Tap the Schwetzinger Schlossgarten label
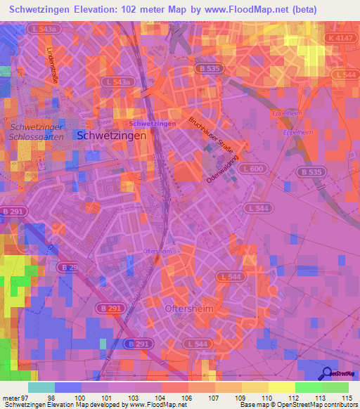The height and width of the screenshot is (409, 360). tap(37, 131)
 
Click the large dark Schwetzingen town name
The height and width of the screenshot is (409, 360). tap(112, 136)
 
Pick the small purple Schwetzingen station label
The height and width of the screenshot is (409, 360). tap(153, 124)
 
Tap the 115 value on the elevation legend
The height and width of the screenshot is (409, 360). tap(347, 398)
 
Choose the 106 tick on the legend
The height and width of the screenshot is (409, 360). tap(187, 398)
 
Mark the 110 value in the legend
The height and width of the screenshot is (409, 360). tap(267, 398)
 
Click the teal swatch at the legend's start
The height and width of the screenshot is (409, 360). tap(41, 387)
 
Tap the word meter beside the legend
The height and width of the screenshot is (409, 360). tap(10, 398)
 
